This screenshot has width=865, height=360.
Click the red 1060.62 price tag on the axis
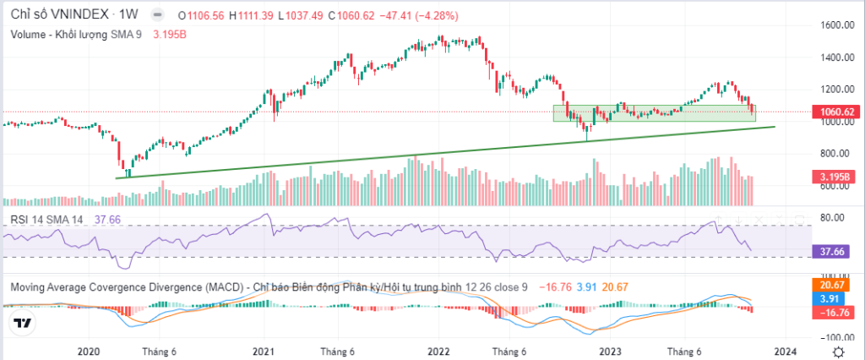[x=835, y=112]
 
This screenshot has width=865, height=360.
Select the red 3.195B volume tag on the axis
[x=835, y=177]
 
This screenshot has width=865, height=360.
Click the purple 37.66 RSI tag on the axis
[x=835, y=251]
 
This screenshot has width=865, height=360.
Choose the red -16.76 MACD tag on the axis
[x=835, y=312]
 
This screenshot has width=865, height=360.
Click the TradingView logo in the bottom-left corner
[x=22, y=324]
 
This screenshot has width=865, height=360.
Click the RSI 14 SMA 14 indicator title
[x=48, y=219]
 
